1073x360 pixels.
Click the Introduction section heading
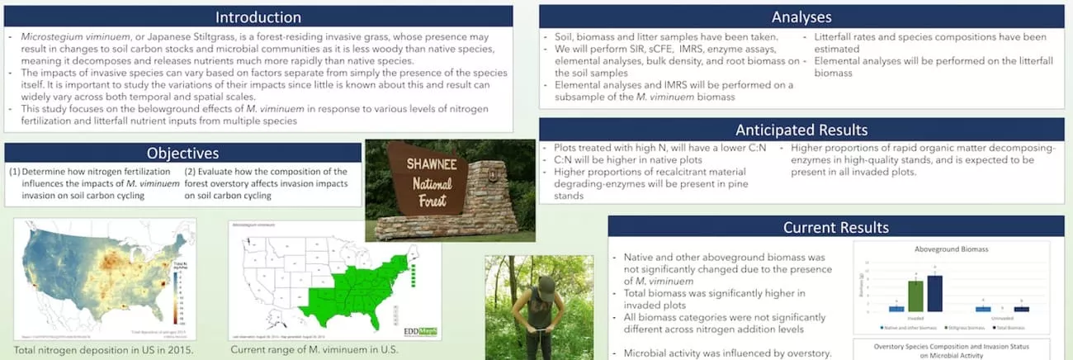tap(258, 17)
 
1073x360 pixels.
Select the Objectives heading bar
tap(183, 153)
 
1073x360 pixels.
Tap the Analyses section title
tap(801, 17)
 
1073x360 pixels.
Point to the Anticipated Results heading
tap(801, 130)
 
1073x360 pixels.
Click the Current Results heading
tap(835, 227)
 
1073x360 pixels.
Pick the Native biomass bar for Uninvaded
tap(982, 309)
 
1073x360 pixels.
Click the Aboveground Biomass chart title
tap(951, 249)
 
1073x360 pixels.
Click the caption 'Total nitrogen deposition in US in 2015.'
tap(102, 349)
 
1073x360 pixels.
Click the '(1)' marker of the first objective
tap(15, 172)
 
